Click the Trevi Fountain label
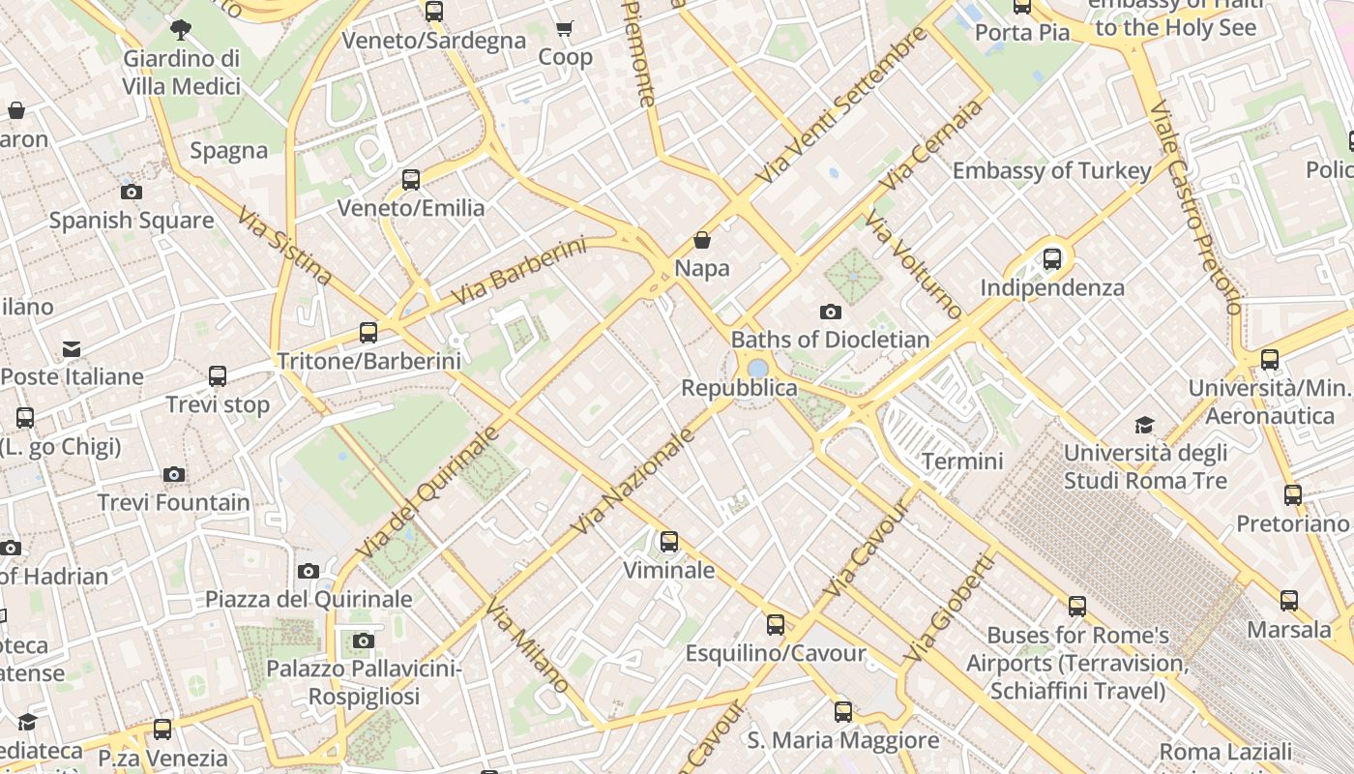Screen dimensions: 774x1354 pos(174,502)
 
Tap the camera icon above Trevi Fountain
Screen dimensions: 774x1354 pos(174,474)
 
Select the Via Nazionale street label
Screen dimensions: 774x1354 pos(633,481)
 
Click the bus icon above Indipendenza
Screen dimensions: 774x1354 pos(1052,259)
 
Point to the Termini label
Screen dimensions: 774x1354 pos(962,461)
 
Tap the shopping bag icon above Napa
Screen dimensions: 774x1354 pos(702,240)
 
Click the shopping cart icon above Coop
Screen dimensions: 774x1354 pos(565,29)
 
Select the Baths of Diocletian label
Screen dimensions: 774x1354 pos(830,340)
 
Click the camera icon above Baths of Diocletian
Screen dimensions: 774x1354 pos(830,312)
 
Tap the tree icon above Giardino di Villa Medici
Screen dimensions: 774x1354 pos(181,29)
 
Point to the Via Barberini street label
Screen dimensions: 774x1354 pos(518,272)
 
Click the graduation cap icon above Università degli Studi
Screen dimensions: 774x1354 pos(1145,425)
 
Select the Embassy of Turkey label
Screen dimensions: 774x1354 pos(1052,171)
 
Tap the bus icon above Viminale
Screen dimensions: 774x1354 pos(669,542)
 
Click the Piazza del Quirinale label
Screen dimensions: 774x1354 pos(309,599)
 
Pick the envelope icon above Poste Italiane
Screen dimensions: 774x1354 pos(72,348)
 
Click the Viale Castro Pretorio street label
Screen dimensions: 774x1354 pos(1195,208)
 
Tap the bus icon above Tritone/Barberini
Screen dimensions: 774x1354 pos(368,333)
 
